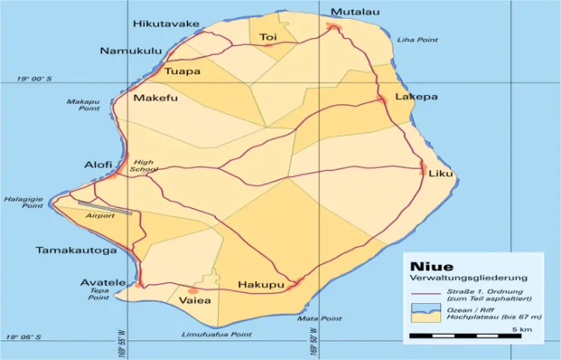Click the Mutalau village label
click(355, 12)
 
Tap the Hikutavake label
click(166, 24)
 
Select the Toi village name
click(268, 37)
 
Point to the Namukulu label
click(131, 51)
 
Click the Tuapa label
click(182, 72)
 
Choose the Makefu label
click(156, 98)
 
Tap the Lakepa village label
click(416, 97)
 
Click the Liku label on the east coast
click(440, 173)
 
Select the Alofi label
click(98, 165)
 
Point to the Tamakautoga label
click(76, 250)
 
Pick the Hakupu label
click(261, 284)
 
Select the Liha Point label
click(418, 40)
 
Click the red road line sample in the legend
click(425, 294)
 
